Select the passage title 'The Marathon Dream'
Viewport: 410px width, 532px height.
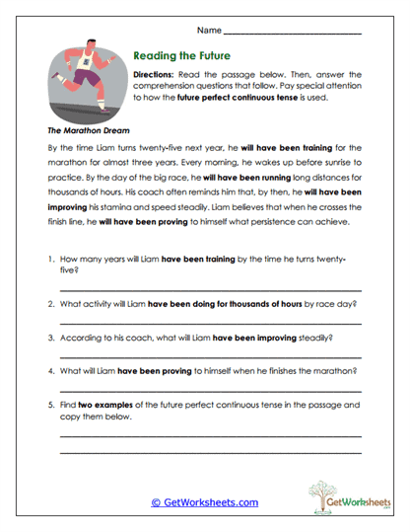pos(86,128)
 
